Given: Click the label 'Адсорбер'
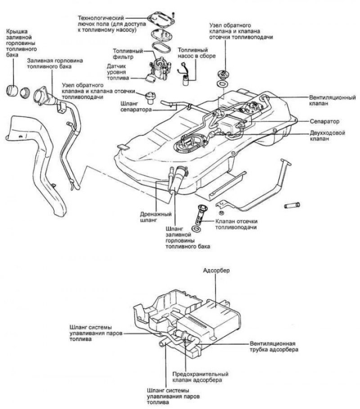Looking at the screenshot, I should pos(216,271).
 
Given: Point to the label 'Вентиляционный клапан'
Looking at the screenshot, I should pos(332,100).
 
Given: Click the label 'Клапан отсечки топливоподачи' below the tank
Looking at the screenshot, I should pos(236,224).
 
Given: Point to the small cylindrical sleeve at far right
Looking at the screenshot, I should pos(292,206).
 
